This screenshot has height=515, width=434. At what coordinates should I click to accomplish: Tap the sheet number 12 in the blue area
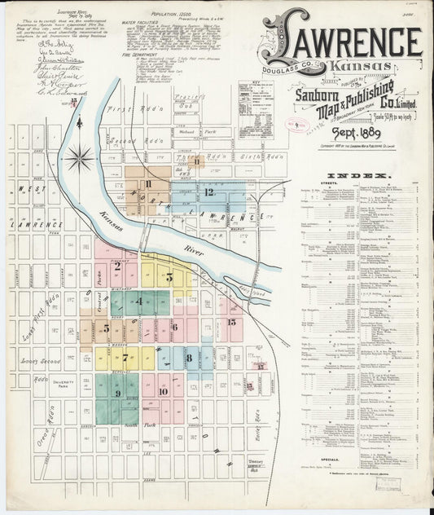(209, 192)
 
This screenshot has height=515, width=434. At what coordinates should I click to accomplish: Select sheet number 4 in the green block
(139, 302)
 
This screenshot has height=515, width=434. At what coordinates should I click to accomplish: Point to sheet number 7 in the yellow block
(125, 357)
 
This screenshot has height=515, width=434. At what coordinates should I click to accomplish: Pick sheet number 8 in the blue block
(188, 357)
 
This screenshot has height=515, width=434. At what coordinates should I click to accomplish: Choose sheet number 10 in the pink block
(163, 392)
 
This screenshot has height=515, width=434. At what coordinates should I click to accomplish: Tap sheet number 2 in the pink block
(117, 265)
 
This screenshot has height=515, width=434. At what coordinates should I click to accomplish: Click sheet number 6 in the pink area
(174, 328)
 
